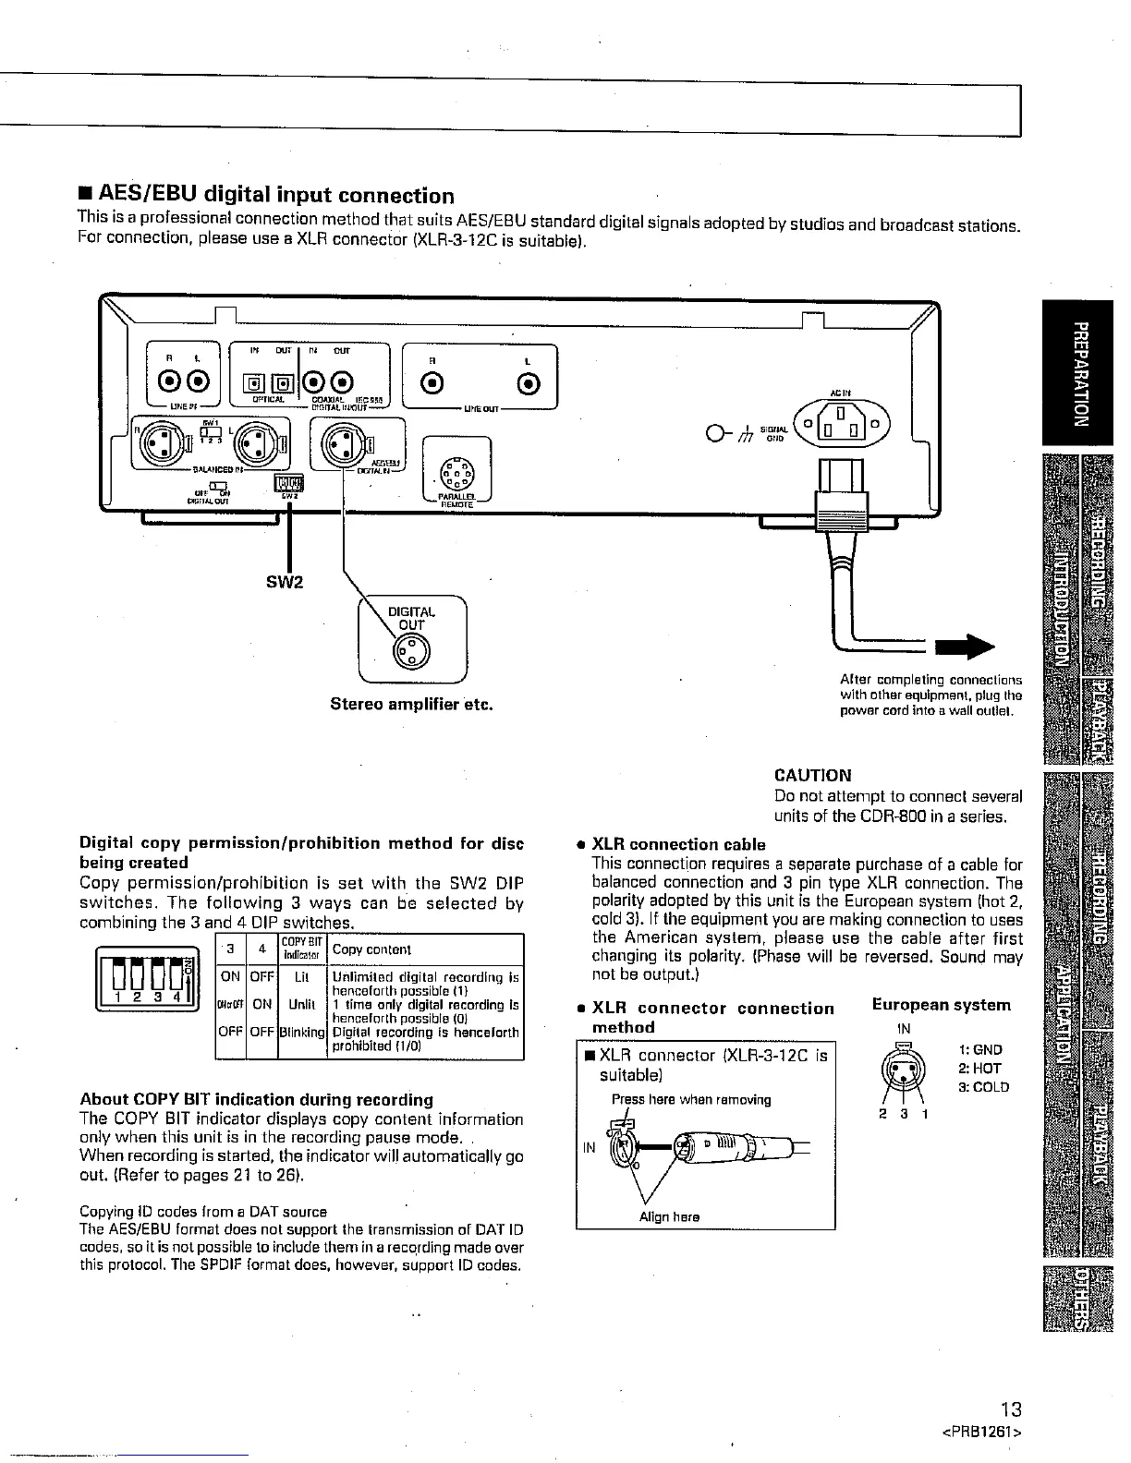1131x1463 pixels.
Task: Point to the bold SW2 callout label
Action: pos(290,582)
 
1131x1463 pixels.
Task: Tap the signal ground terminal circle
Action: pos(713,433)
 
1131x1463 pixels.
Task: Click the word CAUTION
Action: pos(812,776)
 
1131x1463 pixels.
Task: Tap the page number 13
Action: pos(1012,1409)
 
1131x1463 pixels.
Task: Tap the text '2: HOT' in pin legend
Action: pos(979,1069)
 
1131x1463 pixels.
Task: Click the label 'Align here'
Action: pos(669,1217)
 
